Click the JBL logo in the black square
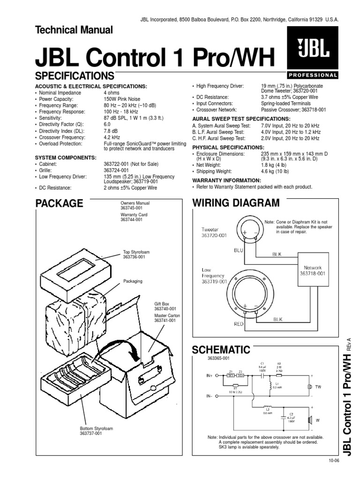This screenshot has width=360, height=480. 312,51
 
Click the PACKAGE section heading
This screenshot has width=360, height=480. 60,203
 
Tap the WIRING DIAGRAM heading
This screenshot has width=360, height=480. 236,203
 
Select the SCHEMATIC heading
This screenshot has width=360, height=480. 221,350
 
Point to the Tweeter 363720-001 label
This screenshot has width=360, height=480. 214,232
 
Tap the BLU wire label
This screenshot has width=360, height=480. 239,251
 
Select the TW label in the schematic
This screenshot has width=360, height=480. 319,387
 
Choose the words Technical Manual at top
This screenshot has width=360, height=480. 74,30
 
